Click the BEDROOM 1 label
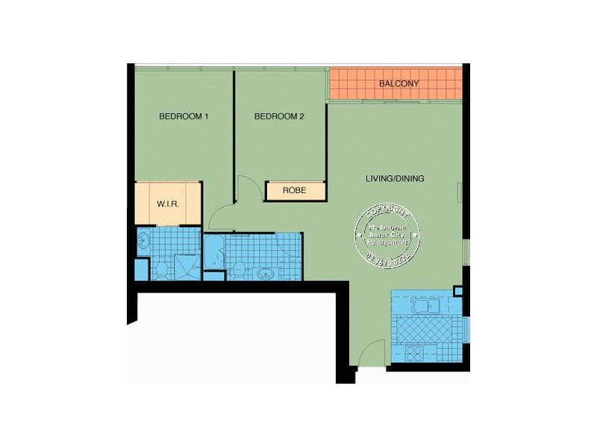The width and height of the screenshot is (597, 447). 184,117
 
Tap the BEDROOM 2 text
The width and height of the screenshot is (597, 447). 279,117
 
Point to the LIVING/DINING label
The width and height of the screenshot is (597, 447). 395,179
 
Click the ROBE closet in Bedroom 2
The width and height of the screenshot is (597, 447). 296,191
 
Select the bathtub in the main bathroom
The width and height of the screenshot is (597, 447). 214,255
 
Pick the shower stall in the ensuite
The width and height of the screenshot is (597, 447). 186,266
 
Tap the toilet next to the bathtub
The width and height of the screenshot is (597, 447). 238,270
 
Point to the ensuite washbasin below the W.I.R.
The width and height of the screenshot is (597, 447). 145,241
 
